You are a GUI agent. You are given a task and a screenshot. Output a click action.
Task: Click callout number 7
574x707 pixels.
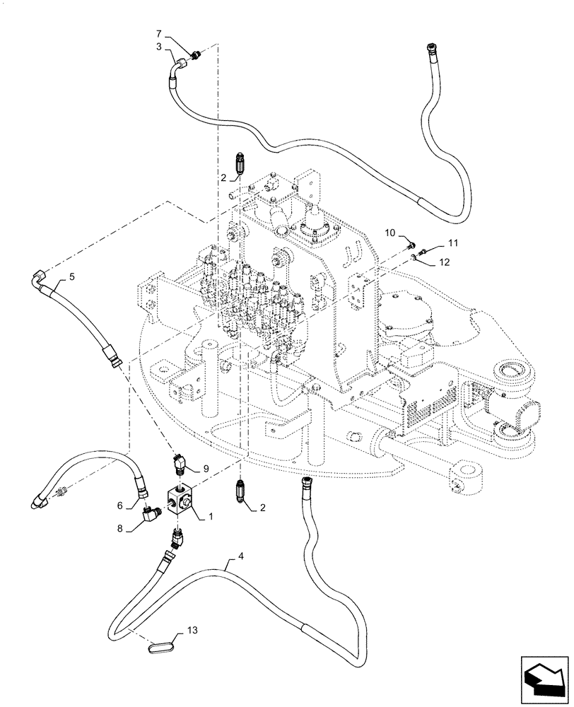pos(159,34)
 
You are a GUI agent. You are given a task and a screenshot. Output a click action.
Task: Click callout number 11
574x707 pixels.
pos(452,244)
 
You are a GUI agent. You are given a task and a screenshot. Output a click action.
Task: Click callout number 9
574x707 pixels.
pos(206,468)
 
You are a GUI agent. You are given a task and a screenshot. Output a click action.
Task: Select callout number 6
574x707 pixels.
pos(120,506)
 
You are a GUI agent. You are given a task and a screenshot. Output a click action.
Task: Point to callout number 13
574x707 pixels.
pos(194,629)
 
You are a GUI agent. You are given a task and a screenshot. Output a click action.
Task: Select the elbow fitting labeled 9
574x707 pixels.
pos(180,464)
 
